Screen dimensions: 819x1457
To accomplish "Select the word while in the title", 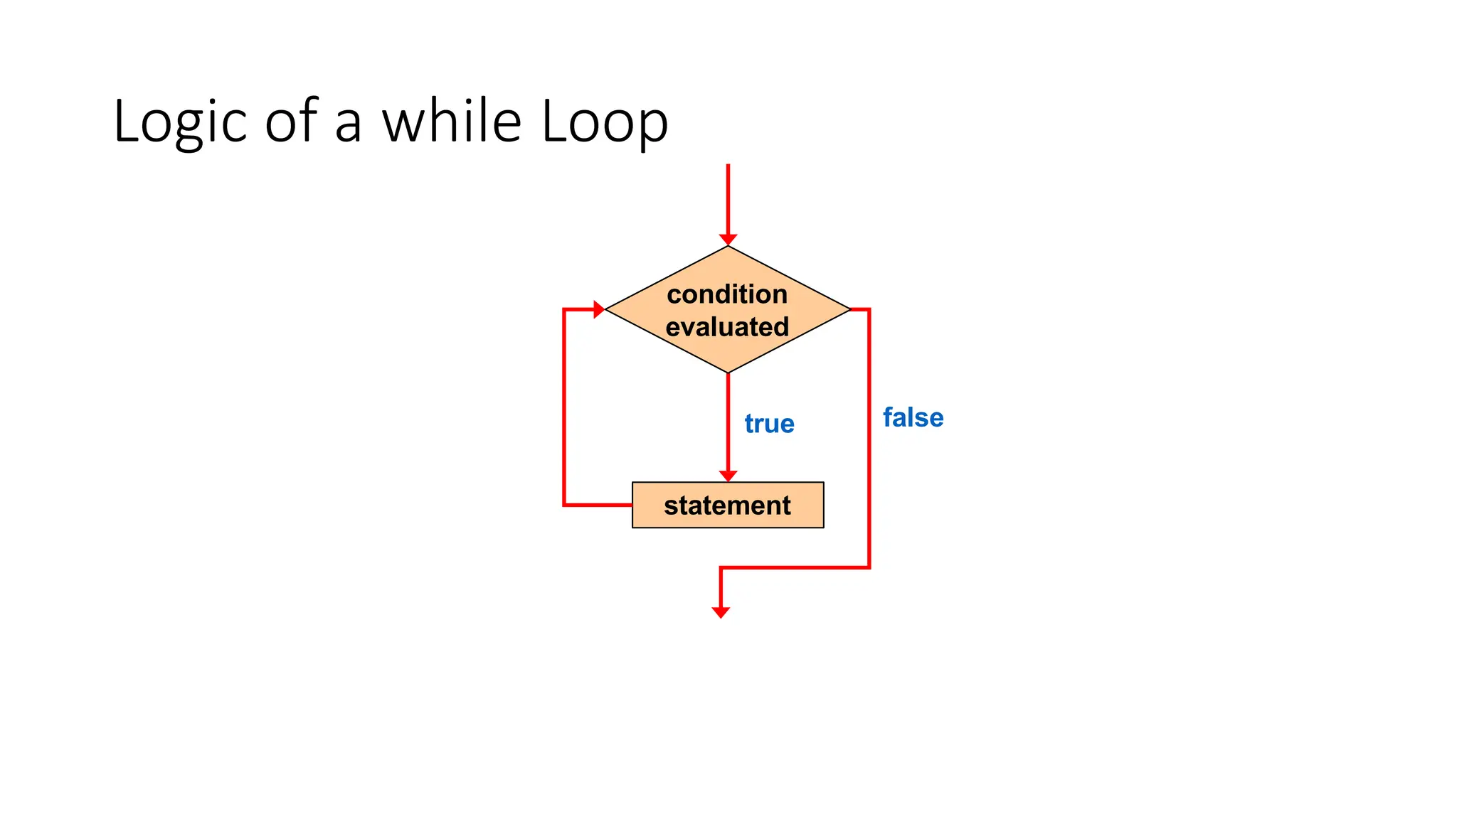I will tap(452, 121).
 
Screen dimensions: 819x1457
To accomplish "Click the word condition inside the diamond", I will tap(727, 294).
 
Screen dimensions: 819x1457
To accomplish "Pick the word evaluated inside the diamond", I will tap(727, 327).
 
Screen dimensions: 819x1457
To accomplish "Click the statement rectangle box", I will tap(728, 505).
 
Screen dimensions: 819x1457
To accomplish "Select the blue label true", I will tap(769, 424).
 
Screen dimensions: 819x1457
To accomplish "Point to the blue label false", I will tap(913, 418).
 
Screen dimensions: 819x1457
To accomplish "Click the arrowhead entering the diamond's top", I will tap(728, 240).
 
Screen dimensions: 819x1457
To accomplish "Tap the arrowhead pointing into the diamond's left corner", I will tap(599, 309).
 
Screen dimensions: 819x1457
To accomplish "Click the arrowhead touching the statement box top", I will tap(728, 476).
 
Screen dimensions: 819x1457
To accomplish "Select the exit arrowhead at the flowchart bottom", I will tap(721, 612).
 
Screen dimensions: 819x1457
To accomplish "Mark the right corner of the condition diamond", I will tap(849, 309).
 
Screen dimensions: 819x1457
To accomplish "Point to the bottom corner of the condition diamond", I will tap(728, 372).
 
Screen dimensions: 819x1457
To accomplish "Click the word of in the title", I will tap(291, 121).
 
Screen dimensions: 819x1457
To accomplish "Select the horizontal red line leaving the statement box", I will tap(598, 505).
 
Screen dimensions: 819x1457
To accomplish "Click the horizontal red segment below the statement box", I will tap(795, 567).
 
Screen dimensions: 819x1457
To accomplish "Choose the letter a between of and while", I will tap(348, 124).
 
